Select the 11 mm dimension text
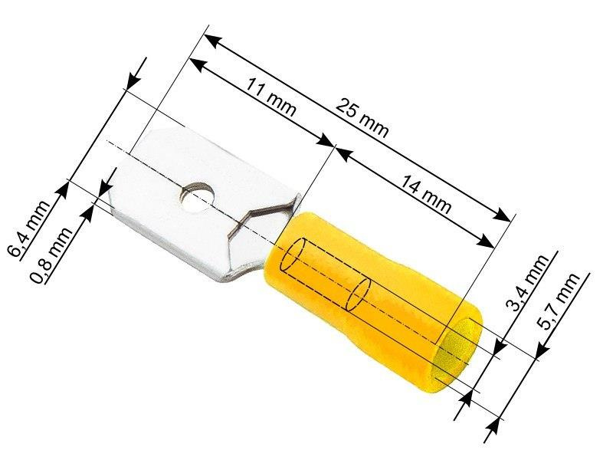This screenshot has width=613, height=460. (270, 98)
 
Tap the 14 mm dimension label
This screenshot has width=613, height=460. (426, 195)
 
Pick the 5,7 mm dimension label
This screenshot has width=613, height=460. (559, 301)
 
